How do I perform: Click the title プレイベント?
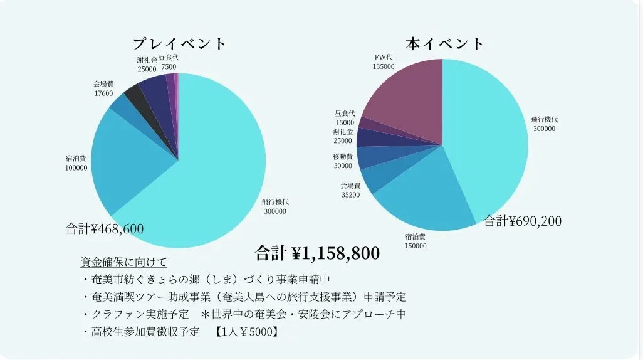[x=179, y=44]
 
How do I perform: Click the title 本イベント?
[x=445, y=43]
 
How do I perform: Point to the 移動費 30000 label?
[x=343, y=161]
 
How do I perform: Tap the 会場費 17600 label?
[x=103, y=88]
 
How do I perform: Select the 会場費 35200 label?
[x=350, y=190]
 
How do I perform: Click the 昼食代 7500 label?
[x=169, y=62]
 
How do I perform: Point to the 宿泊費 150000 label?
[x=416, y=241]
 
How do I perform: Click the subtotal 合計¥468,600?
[x=105, y=228]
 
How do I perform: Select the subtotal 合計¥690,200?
[x=523, y=221]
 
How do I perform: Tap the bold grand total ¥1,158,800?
[x=317, y=253]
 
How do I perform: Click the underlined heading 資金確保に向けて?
[x=123, y=262]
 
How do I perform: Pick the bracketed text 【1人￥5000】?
[x=245, y=331]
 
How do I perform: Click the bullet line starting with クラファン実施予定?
[x=244, y=314]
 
